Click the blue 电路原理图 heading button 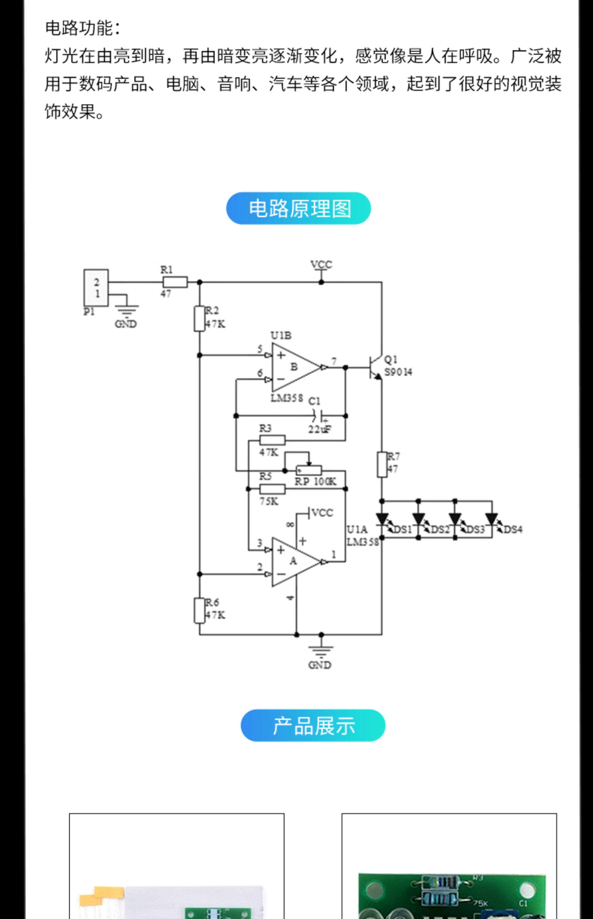pyautogui.click(x=298, y=208)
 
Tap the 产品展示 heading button pyautogui.click(x=313, y=725)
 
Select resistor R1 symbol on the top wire pyautogui.click(x=175, y=282)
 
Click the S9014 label pyautogui.click(x=398, y=372)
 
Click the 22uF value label pyautogui.click(x=320, y=429)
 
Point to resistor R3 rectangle pyautogui.click(x=273, y=440)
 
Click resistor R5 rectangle pyautogui.click(x=273, y=489)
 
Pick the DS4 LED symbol pyautogui.click(x=492, y=519)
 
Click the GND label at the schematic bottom pyautogui.click(x=320, y=665)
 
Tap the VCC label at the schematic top pyautogui.click(x=321, y=265)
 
